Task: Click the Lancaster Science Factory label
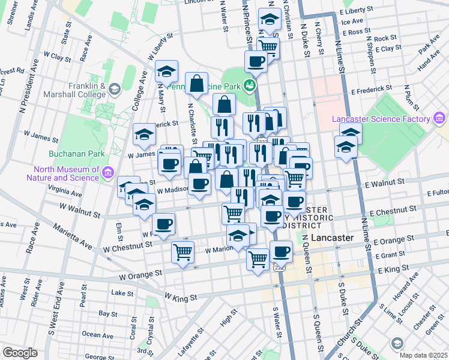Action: coord(382,119)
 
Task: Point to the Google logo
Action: coord(20,352)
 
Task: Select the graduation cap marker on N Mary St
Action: coord(166,71)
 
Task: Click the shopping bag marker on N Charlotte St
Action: coord(197,83)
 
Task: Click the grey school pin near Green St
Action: coord(397,343)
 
